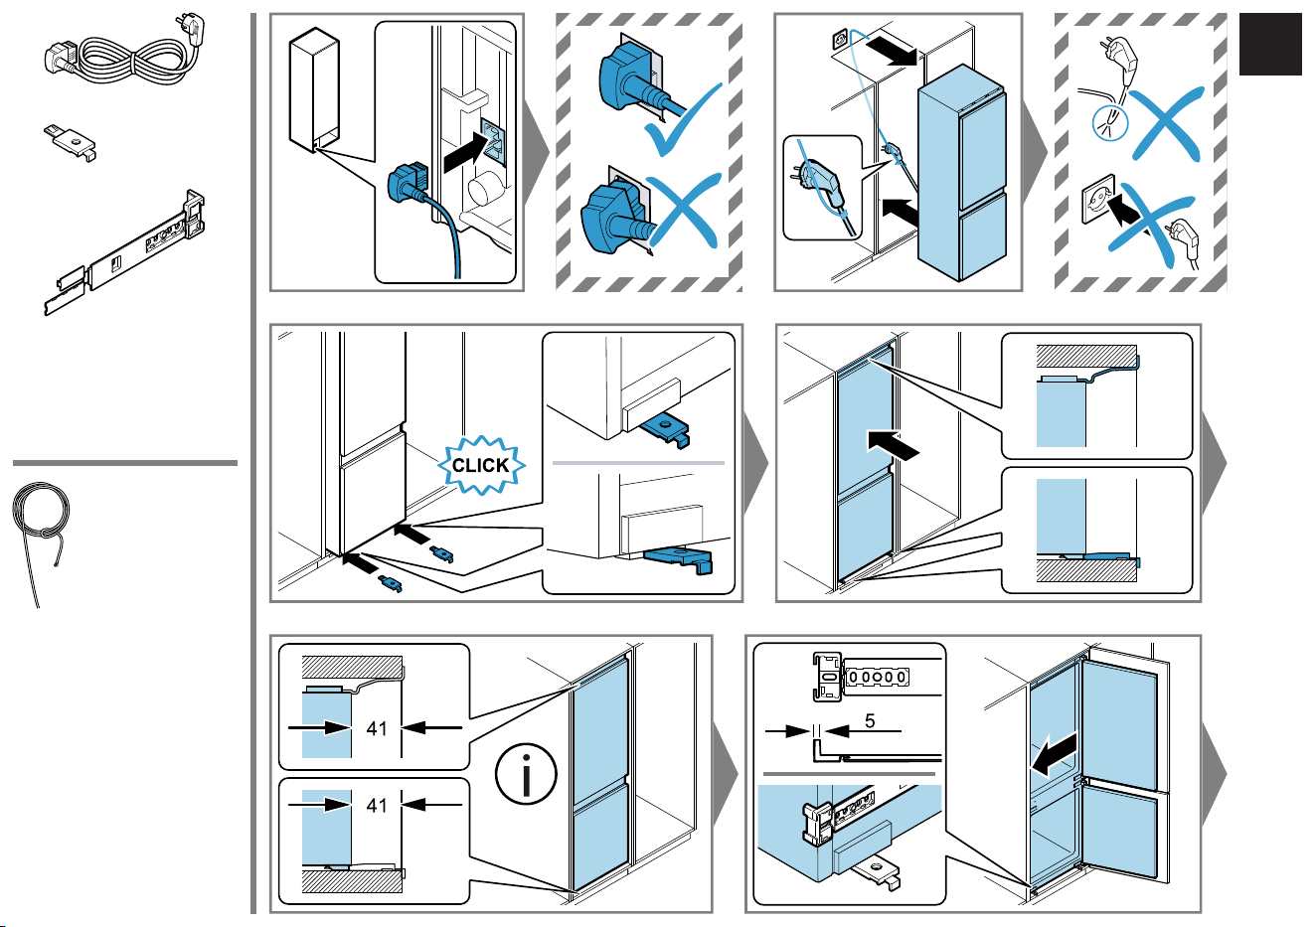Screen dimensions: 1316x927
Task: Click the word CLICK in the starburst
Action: pyautogui.click(x=480, y=465)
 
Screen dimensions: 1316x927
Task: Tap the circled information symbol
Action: pyautogui.click(x=526, y=774)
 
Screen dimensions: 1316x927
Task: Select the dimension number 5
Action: pyautogui.click(x=870, y=720)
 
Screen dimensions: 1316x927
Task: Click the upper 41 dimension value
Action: pyautogui.click(x=377, y=728)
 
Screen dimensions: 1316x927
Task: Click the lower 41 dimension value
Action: pyautogui.click(x=377, y=805)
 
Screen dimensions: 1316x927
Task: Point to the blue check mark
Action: pyautogui.click(x=682, y=120)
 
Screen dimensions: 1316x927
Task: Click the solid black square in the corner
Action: pyautogui.click(x=1270, y=44)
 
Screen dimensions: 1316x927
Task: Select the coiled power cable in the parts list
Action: pyautogui.click(x=125, y=52)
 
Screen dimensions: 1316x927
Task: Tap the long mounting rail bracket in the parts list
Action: pyautogui.click(x=125, y=252)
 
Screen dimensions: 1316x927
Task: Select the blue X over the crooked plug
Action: pyautogui.click(x=683, y=211)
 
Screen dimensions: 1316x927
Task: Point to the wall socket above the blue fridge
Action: pyautogui.click(x=840, y=41)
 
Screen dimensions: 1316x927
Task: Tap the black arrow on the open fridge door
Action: pyautogui.click(x=1055, y=755)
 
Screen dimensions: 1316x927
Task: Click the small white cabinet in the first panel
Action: pyautogui.click(x=314, y=89)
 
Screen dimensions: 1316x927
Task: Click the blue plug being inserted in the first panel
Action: pyautogui.click(x=408, y=182)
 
